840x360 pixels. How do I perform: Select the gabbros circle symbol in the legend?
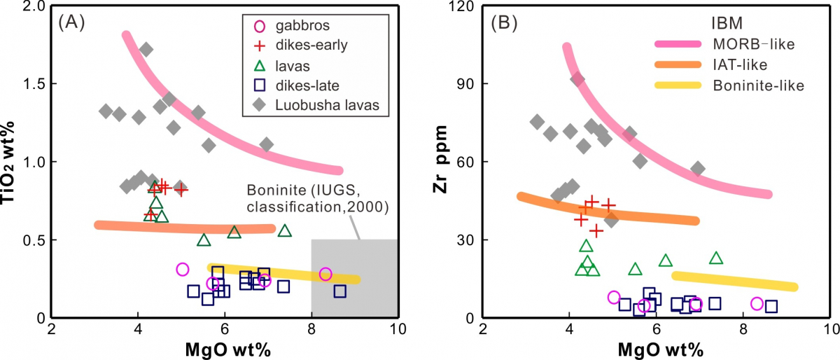tap(259, 27)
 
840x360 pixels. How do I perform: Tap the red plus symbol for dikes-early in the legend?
tap(259, 46)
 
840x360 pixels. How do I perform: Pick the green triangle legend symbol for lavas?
tap(259, 65)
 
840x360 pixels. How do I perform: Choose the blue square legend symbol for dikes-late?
tap(259, 85)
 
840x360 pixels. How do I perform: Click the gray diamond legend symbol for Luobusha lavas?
tap(259, 105)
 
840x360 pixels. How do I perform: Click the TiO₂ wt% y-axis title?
tap(12, 162)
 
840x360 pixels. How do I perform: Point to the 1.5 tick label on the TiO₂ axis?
tap(32, 84)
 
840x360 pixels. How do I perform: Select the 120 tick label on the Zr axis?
tap(461, 6)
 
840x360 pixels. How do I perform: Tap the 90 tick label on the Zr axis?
tap(465, 84)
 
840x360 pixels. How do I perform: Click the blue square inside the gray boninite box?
tap(339, 291)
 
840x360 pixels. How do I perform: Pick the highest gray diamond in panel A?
tap(146, 50)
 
